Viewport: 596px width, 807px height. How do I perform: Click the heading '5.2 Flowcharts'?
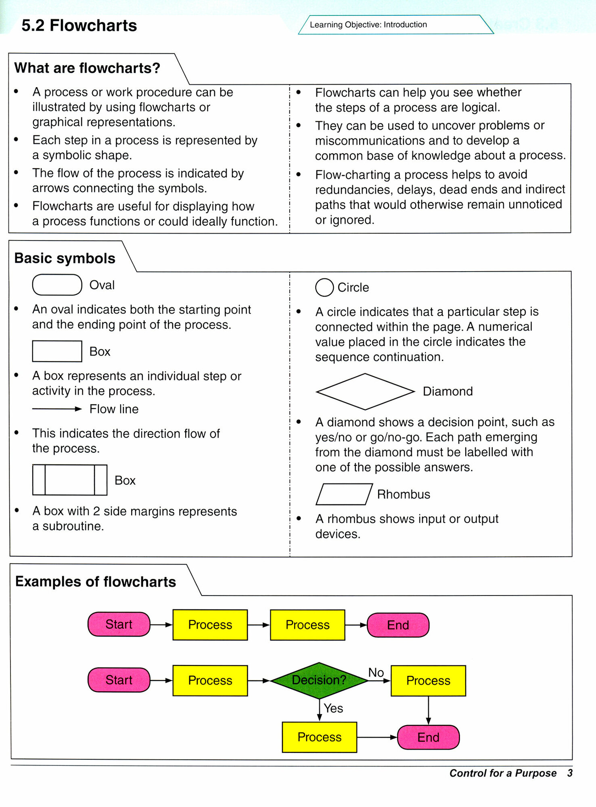pos(79,25)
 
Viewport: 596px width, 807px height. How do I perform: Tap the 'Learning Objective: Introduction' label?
pos(368,25)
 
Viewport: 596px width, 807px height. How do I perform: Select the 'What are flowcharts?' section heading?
pos(87,68)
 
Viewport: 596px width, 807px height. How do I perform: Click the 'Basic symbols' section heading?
pos(65,258)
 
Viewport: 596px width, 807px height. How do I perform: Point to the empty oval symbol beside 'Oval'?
pos(57,285)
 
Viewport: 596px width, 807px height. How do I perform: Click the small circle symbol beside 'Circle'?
pos(324,288)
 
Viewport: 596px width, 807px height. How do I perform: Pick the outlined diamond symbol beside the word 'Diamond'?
pos(365,391)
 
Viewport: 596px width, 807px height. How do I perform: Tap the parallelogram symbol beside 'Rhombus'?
pos(344,494)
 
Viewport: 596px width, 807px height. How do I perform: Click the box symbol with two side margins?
pos(69,480)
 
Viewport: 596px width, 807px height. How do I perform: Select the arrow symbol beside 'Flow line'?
pos(57,409)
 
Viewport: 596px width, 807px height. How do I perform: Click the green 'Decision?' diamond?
pos(319,680)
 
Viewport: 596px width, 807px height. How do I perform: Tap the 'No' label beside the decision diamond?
pos(376,673)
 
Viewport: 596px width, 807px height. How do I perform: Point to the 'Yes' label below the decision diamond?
pos(333,708)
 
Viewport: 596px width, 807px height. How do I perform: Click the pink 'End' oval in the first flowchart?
pos(398,625)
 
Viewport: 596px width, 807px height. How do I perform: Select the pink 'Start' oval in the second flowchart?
pos(119,680)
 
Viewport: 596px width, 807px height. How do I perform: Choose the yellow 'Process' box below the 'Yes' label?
pos(319,737)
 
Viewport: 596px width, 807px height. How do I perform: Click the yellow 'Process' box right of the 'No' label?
pos(428,681)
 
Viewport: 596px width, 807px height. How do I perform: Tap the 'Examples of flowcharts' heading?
pos(96,582)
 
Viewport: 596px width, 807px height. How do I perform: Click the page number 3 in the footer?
pos(570,773)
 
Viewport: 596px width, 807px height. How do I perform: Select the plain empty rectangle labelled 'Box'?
pos(57,351)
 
